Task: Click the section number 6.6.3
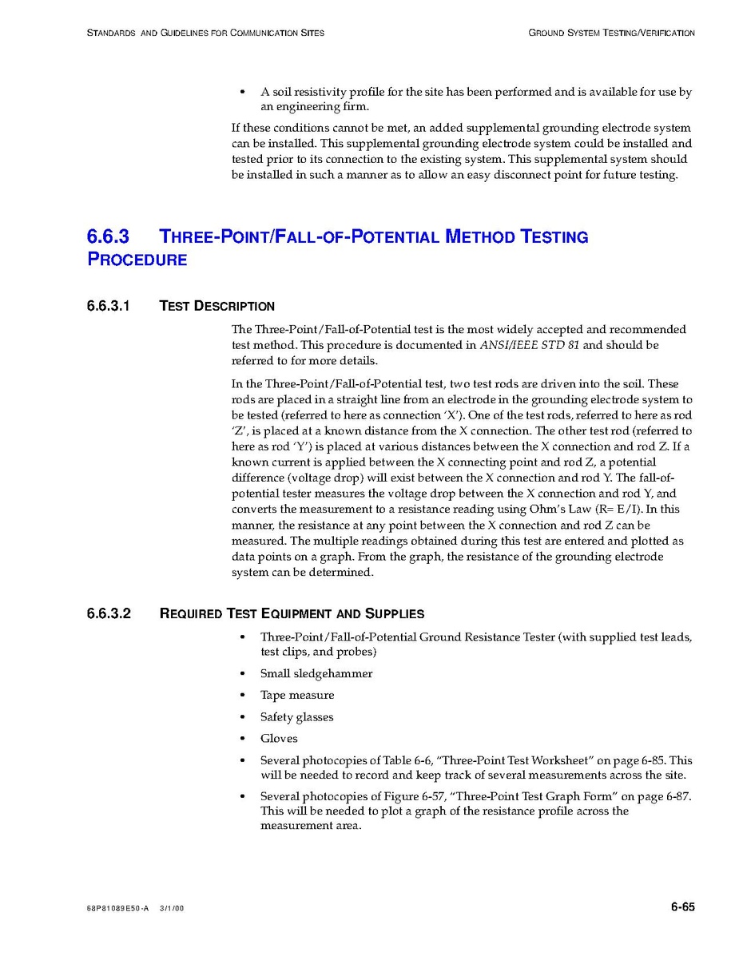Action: click(x=108, y=237)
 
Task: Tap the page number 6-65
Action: click(x=682, y=907)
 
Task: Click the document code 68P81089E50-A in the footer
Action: click(x=117, y=910)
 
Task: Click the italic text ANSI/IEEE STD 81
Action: click(x=529, y=346)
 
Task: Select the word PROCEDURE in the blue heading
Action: click(x=137, y=260)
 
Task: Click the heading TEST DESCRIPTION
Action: click(x=217, y=306)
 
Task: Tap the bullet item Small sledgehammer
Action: click(x=316, y=674)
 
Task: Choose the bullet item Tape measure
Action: click(x=297, y=696)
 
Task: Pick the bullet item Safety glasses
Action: click(x=297, y=717)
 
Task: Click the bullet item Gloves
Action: click(x=279, y=739)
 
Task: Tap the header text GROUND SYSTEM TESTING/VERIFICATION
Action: click(x=611, y=34)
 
